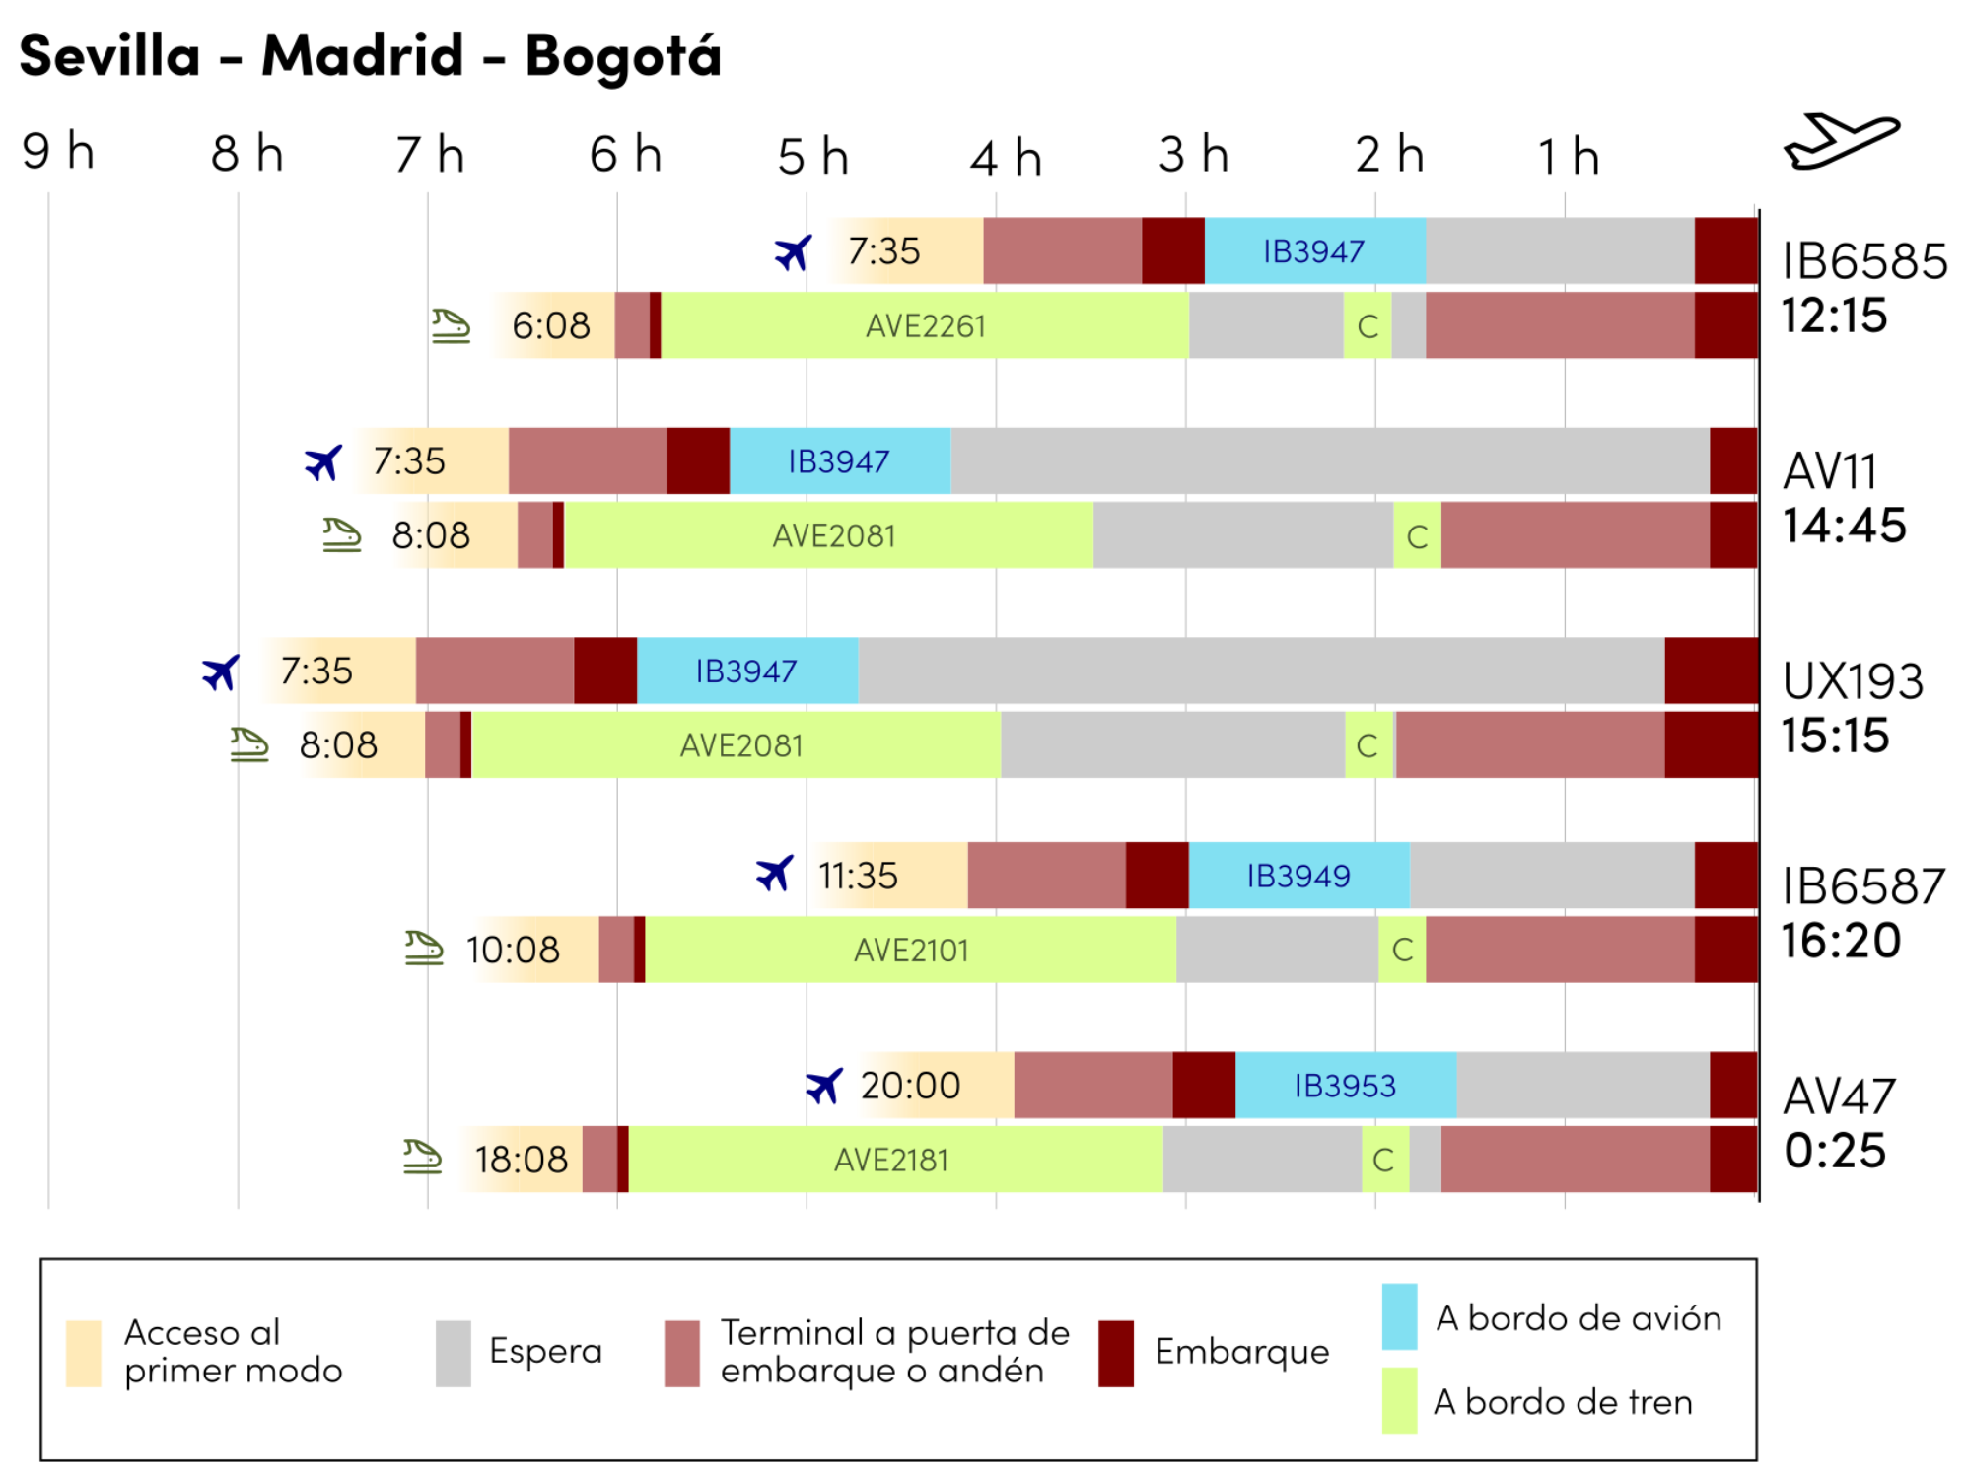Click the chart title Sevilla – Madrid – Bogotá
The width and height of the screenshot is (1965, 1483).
point(370,55)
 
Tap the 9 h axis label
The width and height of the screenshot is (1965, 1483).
point(58,152)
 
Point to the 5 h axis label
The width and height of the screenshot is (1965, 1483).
point(812,157)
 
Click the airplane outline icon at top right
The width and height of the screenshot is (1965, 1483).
point(1840,142)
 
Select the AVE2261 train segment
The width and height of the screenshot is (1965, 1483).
point(925,325)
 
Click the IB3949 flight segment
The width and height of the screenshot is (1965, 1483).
point(1298,876)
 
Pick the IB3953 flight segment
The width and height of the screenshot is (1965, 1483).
point(1345,1086)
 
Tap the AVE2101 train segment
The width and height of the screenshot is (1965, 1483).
point(910,950)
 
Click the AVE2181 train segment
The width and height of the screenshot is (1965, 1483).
point(890,1160)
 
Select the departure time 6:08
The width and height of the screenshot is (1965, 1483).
point(550,325)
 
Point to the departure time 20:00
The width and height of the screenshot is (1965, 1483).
point(910,1086)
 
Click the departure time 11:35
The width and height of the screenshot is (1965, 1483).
point(858,876)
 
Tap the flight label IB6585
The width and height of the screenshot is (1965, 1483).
point(1863,262)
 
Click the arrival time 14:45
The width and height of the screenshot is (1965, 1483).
point(1844,526)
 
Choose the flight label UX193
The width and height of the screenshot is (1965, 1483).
point(1853,681)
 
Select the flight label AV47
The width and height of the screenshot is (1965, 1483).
point(1839,1096)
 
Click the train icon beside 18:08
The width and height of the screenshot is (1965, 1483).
point(422,1158)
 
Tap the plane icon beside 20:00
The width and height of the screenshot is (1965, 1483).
point(823,1086)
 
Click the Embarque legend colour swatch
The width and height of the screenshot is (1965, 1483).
point(1115,1353)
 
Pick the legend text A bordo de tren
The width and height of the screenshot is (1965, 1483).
point(1562,1401)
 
